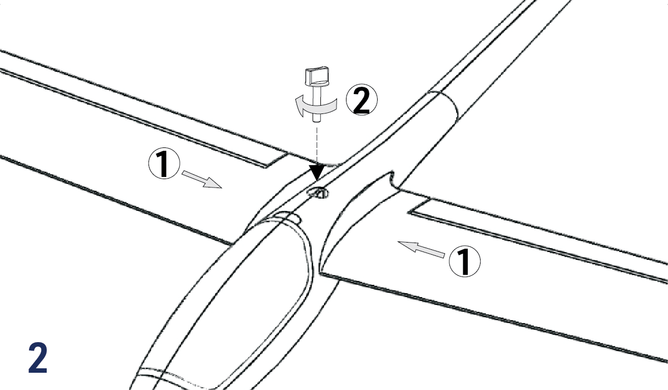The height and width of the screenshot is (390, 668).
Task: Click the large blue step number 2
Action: tap(38, 358)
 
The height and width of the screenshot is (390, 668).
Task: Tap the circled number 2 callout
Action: tap(362, 100)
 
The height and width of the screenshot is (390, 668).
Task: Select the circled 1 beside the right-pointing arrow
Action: tap(164, 163)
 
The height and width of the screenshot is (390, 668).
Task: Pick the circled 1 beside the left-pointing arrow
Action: tap(464, 261)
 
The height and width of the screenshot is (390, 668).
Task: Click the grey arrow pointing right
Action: tap(202, 179)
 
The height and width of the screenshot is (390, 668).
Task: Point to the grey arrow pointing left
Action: tap(421, 249)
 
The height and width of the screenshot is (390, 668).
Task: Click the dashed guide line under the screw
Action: tap(316, 146)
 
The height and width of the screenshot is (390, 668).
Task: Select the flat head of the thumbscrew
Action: tap(316, 76)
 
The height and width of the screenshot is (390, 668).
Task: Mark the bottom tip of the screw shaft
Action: tap(316, 121)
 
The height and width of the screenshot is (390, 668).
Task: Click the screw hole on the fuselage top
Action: tap(319, 193)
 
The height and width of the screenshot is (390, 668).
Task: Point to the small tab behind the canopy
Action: tap(286, 216)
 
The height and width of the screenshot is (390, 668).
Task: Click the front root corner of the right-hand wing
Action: tap(320, 272)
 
